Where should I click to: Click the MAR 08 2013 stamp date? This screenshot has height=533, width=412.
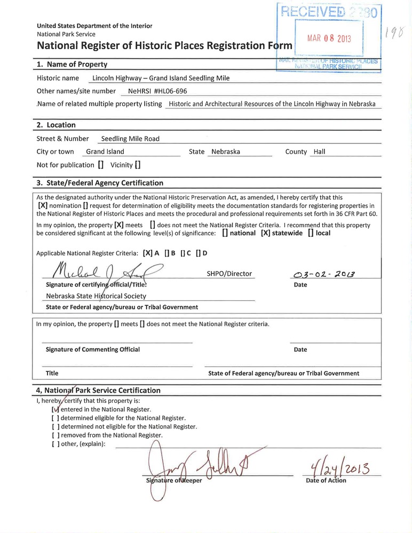[329, 39]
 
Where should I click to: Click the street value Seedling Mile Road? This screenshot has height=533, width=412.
[130, 139]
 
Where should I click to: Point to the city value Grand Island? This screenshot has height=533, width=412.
[105, 152]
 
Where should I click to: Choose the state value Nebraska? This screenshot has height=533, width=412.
[226, 152]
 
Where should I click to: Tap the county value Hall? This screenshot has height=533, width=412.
[319, 152]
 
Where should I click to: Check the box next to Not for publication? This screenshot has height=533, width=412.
[101, 165]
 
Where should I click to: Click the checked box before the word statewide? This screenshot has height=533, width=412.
[265, 233]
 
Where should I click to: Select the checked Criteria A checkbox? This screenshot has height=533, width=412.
[147, 253]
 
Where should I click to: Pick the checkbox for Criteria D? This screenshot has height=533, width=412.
[199, 253]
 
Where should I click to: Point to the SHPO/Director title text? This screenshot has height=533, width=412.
[228, 274]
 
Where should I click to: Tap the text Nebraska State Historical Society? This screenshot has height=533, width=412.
[96, 296]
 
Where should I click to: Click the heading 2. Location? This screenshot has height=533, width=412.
[56, 125]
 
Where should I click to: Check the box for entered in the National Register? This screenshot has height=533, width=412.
[55, 409]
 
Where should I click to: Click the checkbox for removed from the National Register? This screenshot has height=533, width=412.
[55, 435]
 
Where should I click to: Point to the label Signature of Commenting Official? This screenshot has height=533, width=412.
[93, 349]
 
